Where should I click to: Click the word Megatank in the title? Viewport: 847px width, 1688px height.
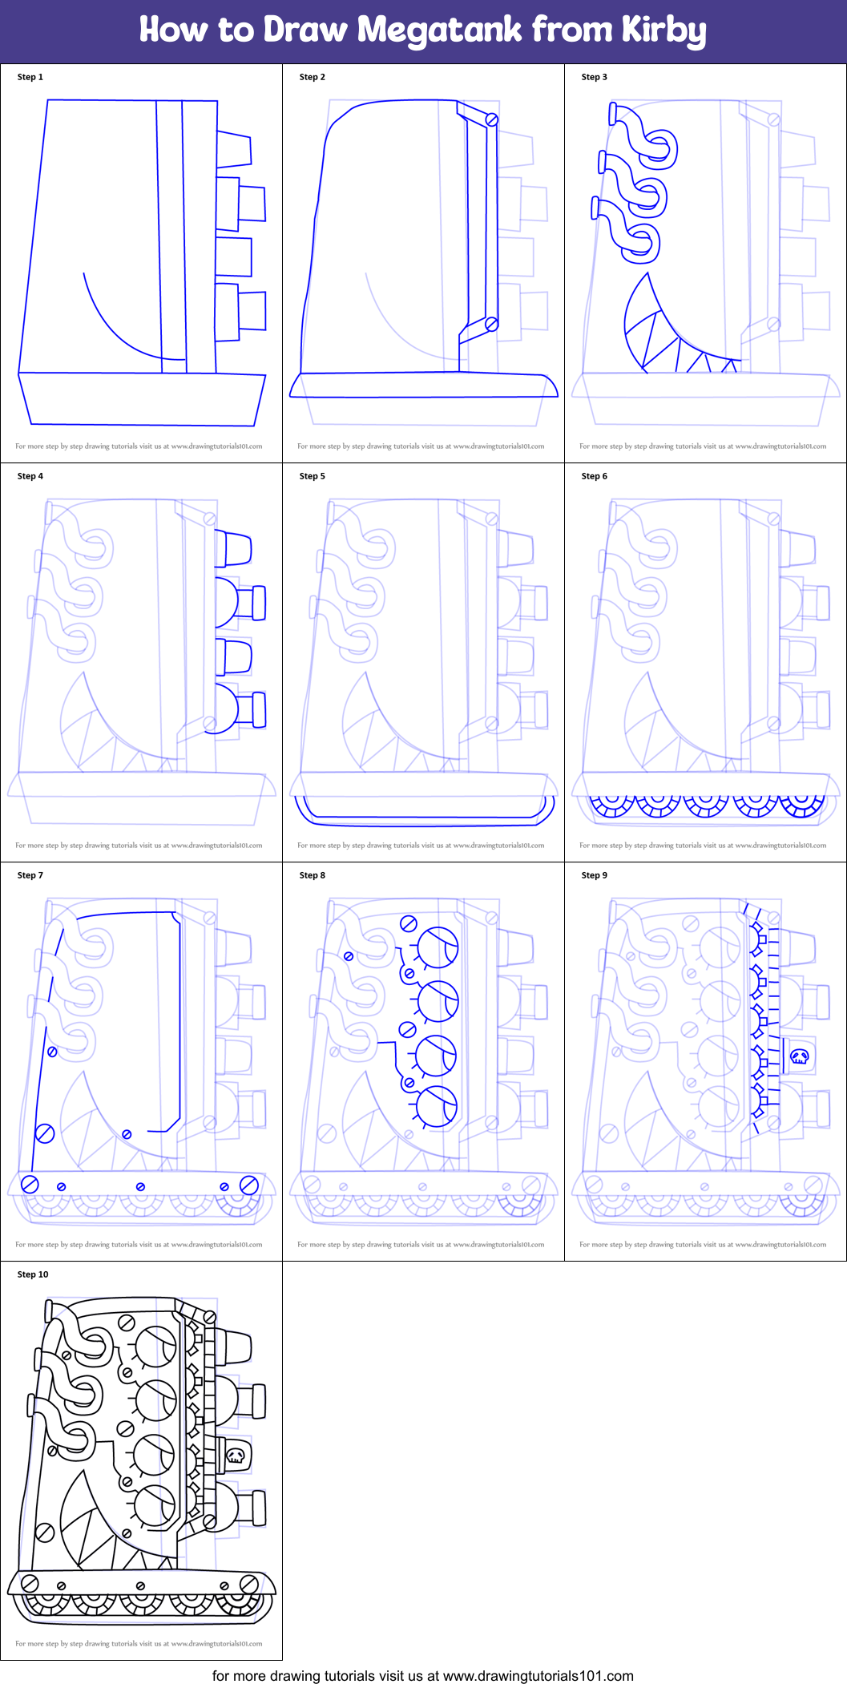pos(440,30)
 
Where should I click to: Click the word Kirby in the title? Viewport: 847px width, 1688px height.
pos(663,31)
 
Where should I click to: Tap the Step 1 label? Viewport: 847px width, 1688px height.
pos(30,77)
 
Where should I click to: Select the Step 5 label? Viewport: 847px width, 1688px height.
pos(313,476)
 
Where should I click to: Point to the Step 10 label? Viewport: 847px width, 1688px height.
pos(33,1274)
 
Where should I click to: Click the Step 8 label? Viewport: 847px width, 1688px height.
pos(313,875)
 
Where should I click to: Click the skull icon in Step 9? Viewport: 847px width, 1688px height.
pos(799,1056)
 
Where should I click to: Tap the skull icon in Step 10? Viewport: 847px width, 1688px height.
pos(235,1456)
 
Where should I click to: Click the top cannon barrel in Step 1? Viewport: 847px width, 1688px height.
pos(233,150)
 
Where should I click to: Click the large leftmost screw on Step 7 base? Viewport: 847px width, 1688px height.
pos(30,1185)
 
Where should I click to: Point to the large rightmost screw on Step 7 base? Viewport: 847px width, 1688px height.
pos(248,1185)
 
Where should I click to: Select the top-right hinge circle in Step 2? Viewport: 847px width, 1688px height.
pos(492,119)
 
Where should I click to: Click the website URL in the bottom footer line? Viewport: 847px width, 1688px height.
pos(538,1676)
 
